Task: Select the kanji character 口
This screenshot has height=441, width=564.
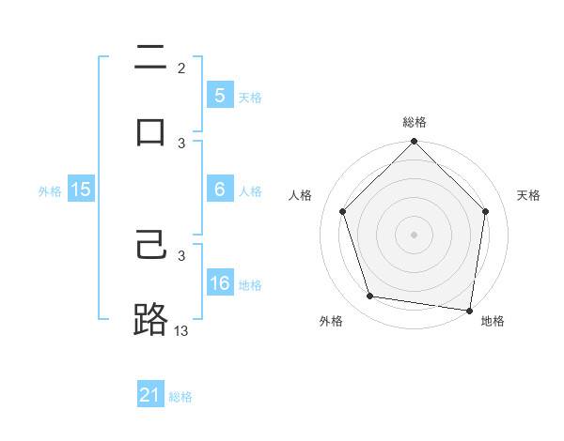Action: (150, 131)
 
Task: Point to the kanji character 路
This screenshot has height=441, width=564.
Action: (150, 320)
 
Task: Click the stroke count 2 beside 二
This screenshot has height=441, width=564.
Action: (181, 68)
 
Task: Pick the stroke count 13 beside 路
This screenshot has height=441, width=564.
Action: (181, 330)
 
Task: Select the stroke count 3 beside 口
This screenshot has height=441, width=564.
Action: (181, 143)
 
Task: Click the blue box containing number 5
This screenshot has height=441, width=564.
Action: (220, 96)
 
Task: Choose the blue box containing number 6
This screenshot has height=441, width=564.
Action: (220, 190)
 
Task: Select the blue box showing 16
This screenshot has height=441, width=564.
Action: (220, 283)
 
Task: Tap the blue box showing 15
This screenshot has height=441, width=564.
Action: (81, 190)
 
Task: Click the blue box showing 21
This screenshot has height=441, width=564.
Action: (150, 396)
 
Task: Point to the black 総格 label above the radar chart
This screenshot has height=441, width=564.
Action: (415, 122)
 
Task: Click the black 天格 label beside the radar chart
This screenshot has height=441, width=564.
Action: (528, 195)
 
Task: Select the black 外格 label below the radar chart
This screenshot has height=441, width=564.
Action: (331, 322)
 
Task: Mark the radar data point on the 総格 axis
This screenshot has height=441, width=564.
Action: (415, 143)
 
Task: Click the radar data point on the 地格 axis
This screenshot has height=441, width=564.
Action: (470, 310)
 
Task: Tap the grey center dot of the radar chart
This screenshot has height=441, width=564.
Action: (415, 234)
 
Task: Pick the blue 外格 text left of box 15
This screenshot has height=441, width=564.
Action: (50, 190)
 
